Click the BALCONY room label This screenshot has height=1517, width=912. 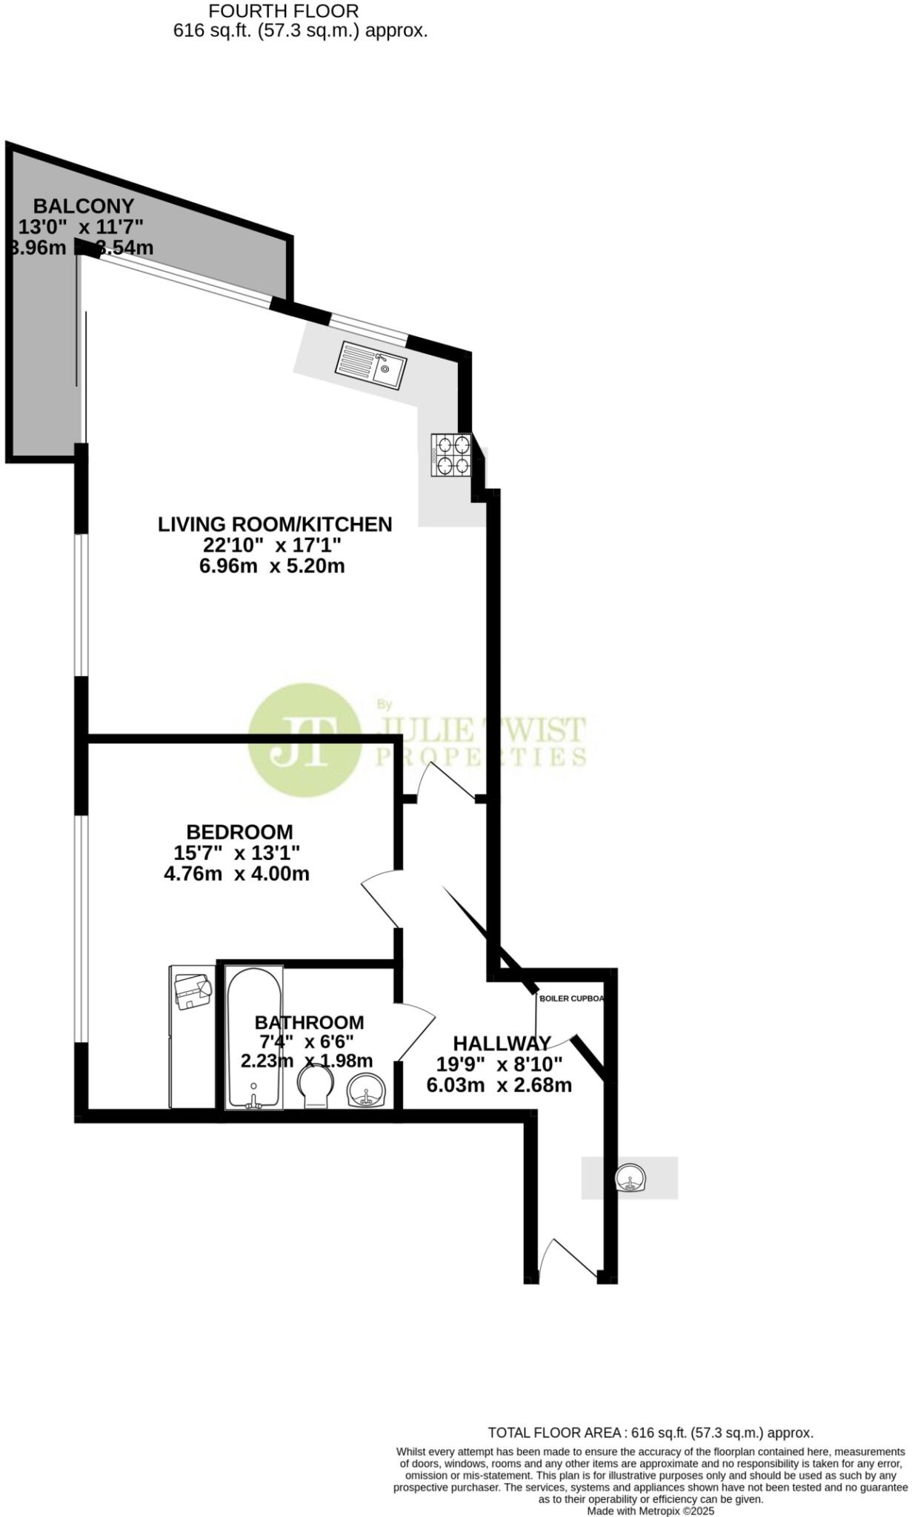[84, 206]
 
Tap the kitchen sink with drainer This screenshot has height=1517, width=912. [370, 364]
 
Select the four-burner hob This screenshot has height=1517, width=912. [452, 455]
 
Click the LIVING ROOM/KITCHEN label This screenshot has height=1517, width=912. [275, 524]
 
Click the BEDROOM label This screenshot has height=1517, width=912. [239, 832]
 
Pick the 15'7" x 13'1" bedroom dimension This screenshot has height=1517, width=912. [236, 853]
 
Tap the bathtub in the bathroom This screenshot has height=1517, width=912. [254, 1038]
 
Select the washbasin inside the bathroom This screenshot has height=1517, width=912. [366, 1090]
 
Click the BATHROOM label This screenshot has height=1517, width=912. [309, 1022]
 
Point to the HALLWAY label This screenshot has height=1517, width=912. [502, 1043]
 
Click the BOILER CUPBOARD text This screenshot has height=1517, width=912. [571, 998]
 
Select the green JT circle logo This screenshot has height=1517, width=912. [304, 740]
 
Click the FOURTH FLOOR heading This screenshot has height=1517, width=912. [284, 11]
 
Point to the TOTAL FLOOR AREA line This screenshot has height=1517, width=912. [650, 1433]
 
